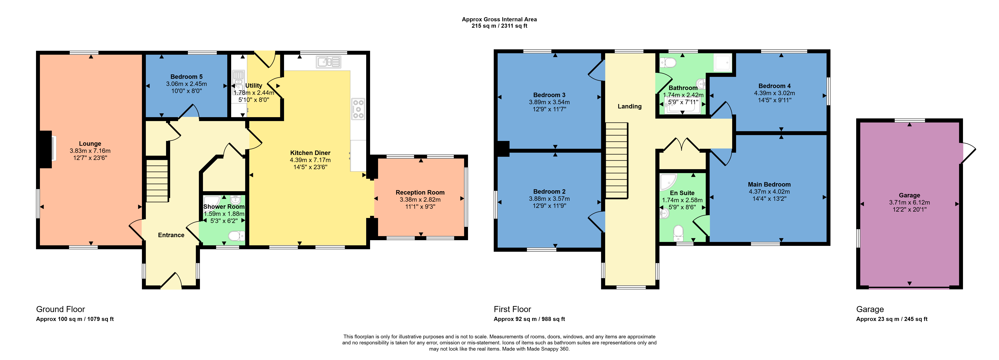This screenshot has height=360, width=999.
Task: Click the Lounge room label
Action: [90, 144]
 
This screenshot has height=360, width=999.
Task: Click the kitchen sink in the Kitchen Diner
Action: [328, 62]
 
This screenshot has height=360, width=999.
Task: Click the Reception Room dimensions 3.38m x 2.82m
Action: [420, 199]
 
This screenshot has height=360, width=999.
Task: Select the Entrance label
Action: [171, 235]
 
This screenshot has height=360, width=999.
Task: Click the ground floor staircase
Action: [157, 181]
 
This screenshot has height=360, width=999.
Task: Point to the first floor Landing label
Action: [629, 106]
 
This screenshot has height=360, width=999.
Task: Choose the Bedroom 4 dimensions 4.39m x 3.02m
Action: [774, 93]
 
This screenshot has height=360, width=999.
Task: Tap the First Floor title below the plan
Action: [512, 309]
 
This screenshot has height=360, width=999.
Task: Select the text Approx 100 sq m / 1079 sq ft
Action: [75, 319]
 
